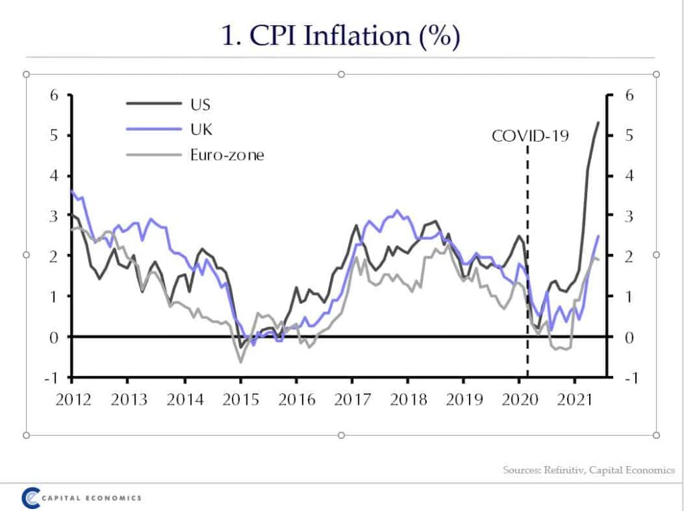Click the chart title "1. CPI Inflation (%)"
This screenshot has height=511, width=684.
(341, 35)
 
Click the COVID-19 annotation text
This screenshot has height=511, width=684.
(530, 136)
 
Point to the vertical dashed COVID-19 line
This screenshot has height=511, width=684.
(528, 267)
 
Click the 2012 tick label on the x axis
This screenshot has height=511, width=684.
(73, 400)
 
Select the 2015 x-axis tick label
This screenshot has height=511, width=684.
(240, 400)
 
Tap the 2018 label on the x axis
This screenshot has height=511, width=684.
(408, 400)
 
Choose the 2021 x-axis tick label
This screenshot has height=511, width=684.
(575, 400)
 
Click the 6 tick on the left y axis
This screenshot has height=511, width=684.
(55, 96)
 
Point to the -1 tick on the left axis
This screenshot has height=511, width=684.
(53, 377)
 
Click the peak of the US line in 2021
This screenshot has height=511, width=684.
(598, 122)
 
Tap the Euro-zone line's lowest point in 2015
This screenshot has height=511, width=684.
(240, 362)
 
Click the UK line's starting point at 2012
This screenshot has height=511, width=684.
(72, 191)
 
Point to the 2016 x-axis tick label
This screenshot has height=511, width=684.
(297, 400)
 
